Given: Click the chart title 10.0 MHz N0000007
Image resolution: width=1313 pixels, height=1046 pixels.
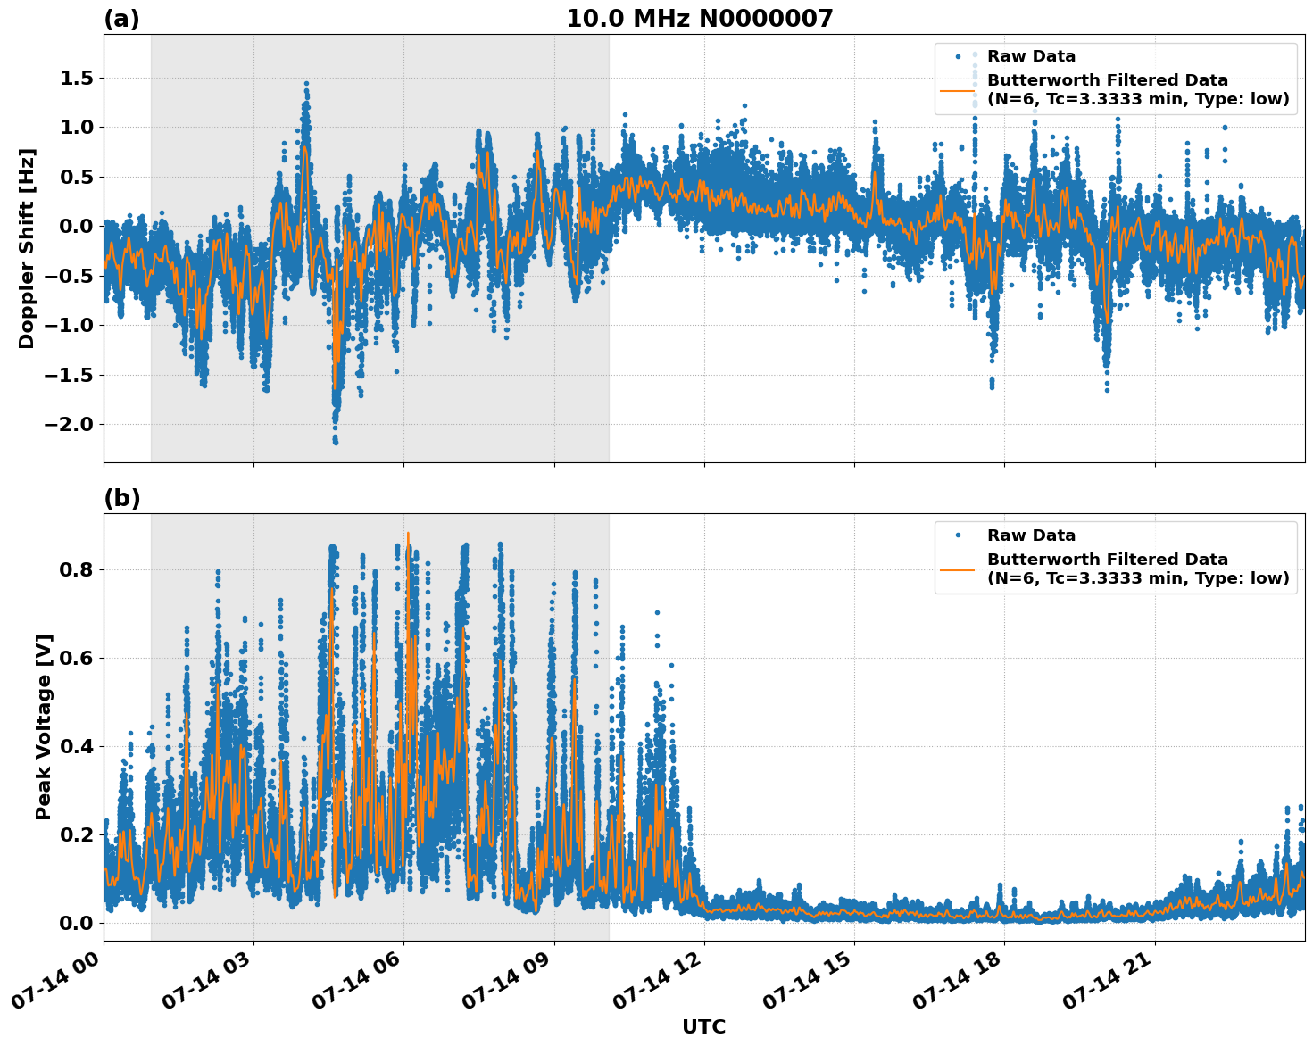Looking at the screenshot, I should point(699,19).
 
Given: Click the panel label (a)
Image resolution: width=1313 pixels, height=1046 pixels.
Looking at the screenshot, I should point(121,19).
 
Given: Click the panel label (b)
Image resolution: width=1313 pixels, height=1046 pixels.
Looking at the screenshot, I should point(121,498).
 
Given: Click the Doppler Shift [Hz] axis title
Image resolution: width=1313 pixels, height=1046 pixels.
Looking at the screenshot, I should point(27,248).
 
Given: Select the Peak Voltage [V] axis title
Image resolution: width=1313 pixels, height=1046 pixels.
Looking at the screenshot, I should point(44,726).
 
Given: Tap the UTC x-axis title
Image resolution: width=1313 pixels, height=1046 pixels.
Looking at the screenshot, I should point(703,1026).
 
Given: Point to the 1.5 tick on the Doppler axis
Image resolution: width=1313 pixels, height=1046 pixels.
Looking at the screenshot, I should point(76,79).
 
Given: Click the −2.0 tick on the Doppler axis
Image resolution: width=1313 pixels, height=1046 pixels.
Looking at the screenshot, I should point(69,424).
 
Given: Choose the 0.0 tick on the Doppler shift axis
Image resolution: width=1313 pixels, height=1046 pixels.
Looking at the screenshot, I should point(76,227).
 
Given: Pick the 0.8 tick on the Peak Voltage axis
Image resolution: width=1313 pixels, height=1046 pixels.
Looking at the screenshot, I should point(76,569).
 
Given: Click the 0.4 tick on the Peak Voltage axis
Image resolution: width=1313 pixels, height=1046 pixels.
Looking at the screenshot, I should point(76,746).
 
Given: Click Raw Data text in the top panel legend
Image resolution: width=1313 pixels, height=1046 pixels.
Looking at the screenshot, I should point(1031,56).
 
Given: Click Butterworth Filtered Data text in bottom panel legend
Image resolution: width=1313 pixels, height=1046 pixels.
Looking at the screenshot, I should point(1107,560).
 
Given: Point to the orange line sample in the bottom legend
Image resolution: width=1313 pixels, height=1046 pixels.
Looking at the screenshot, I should point(957,569).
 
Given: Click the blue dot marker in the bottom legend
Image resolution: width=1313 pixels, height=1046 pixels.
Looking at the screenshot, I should point(957,535).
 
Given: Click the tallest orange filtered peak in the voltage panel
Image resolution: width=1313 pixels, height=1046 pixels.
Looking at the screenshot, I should point(408,534).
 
